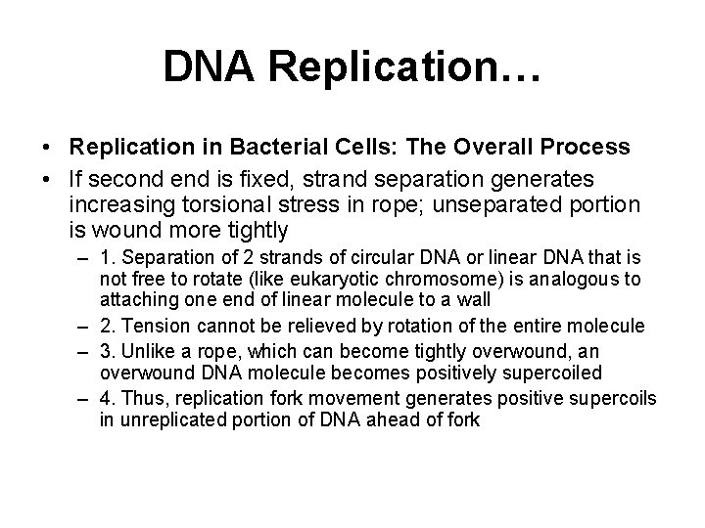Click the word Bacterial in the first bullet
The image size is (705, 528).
point(272,147)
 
